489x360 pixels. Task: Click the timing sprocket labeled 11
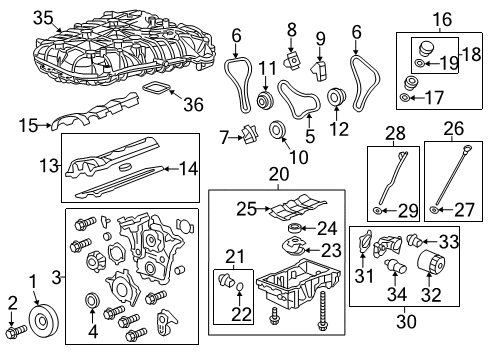pyautogui.click(x=265, y=103)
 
